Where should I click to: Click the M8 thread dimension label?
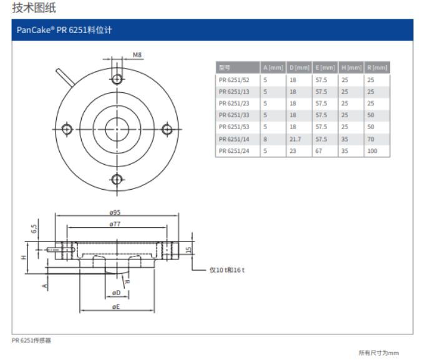click(137, 56)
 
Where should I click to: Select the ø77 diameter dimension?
click(115, 223)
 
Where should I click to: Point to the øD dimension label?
click(116, 293)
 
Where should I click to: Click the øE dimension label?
click(116, 307)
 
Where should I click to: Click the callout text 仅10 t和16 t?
click(227, 270)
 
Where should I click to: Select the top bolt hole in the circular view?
click(117, 79)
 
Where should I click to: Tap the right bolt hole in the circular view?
click(167, 129)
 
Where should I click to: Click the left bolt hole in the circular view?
click(67, 129)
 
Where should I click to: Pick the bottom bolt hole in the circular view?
click(117, 179)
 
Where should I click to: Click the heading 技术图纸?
click(34, 8)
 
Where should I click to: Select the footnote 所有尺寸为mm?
click(378, 353)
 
